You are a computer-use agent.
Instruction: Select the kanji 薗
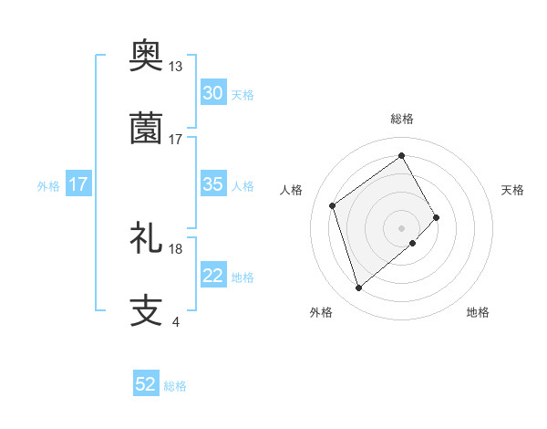tap(147, 128)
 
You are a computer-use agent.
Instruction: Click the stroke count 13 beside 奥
tap(176, 67)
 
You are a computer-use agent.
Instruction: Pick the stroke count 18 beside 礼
tap(176, 248)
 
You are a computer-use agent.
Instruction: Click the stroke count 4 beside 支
tap(175, 321)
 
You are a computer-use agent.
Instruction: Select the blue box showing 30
tap(213, 93)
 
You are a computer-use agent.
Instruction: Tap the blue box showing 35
tap(213, 184)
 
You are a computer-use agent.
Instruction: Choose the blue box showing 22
tap(213, 276)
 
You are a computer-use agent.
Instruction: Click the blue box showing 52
tap(146, 384)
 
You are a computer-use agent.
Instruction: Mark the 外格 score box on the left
tap(78, 184)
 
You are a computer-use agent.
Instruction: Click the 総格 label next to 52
tap(175, 386)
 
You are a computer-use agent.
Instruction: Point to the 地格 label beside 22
tap(243, 277)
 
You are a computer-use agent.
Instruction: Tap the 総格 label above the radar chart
tap(402, 119)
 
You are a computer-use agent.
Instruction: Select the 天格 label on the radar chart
tap(513, 190)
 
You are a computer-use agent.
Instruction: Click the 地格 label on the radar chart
tap(478, 312)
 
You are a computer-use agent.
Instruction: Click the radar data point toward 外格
tap(358, 288)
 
